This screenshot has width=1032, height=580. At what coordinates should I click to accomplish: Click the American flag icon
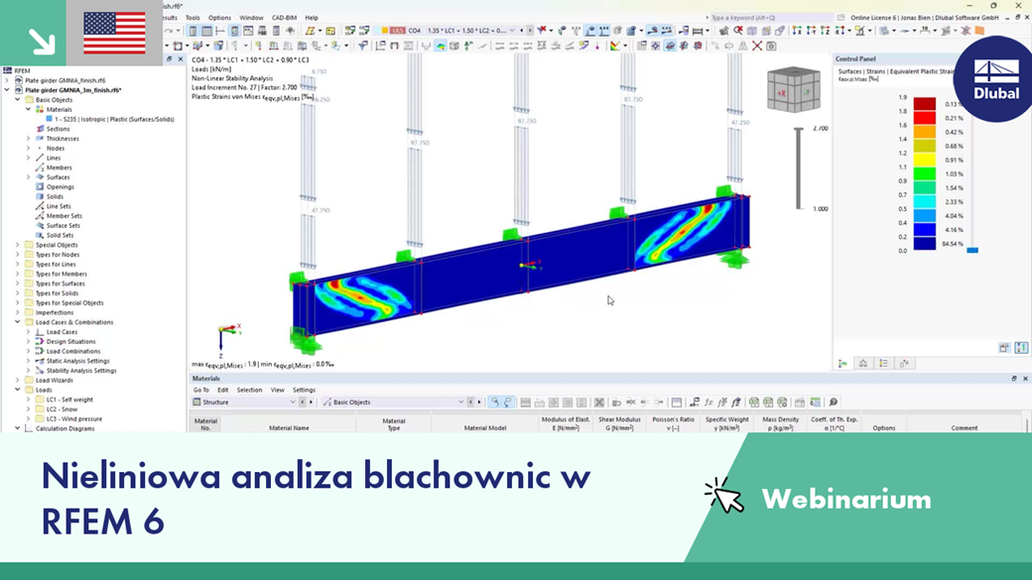point(114,33)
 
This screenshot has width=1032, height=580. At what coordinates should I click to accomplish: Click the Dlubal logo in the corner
point(995,79)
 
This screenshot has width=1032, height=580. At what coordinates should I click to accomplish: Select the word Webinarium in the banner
point(845,498)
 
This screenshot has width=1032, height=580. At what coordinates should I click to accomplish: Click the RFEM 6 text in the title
point(103,521)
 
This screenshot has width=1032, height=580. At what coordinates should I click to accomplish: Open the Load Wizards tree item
point(55,380)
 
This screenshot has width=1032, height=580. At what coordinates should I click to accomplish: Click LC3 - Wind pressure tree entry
point(73,418)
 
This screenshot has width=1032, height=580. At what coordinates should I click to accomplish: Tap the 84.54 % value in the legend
point(954,243)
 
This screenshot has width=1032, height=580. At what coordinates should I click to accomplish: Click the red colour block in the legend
point(924,104)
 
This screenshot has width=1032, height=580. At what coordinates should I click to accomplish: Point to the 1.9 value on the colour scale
point(902,97)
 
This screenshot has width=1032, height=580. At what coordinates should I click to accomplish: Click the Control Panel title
point(855,59)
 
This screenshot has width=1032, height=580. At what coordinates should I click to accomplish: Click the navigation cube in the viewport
point(793,90)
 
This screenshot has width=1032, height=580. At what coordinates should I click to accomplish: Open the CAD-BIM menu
point(284,18)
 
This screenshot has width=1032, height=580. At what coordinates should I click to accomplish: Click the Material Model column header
point(484,427)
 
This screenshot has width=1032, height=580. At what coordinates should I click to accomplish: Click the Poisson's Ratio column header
point(672,423)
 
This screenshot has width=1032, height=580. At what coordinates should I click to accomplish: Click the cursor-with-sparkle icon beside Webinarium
point(724,496)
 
